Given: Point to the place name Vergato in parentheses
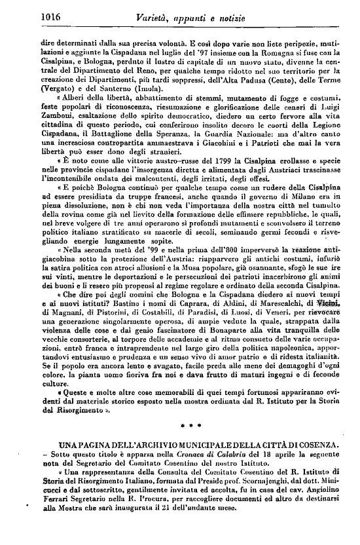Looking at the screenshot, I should pos(58,87).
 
